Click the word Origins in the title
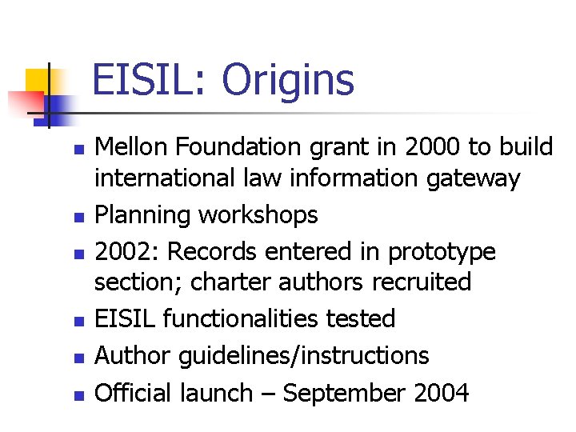[288, 81]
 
